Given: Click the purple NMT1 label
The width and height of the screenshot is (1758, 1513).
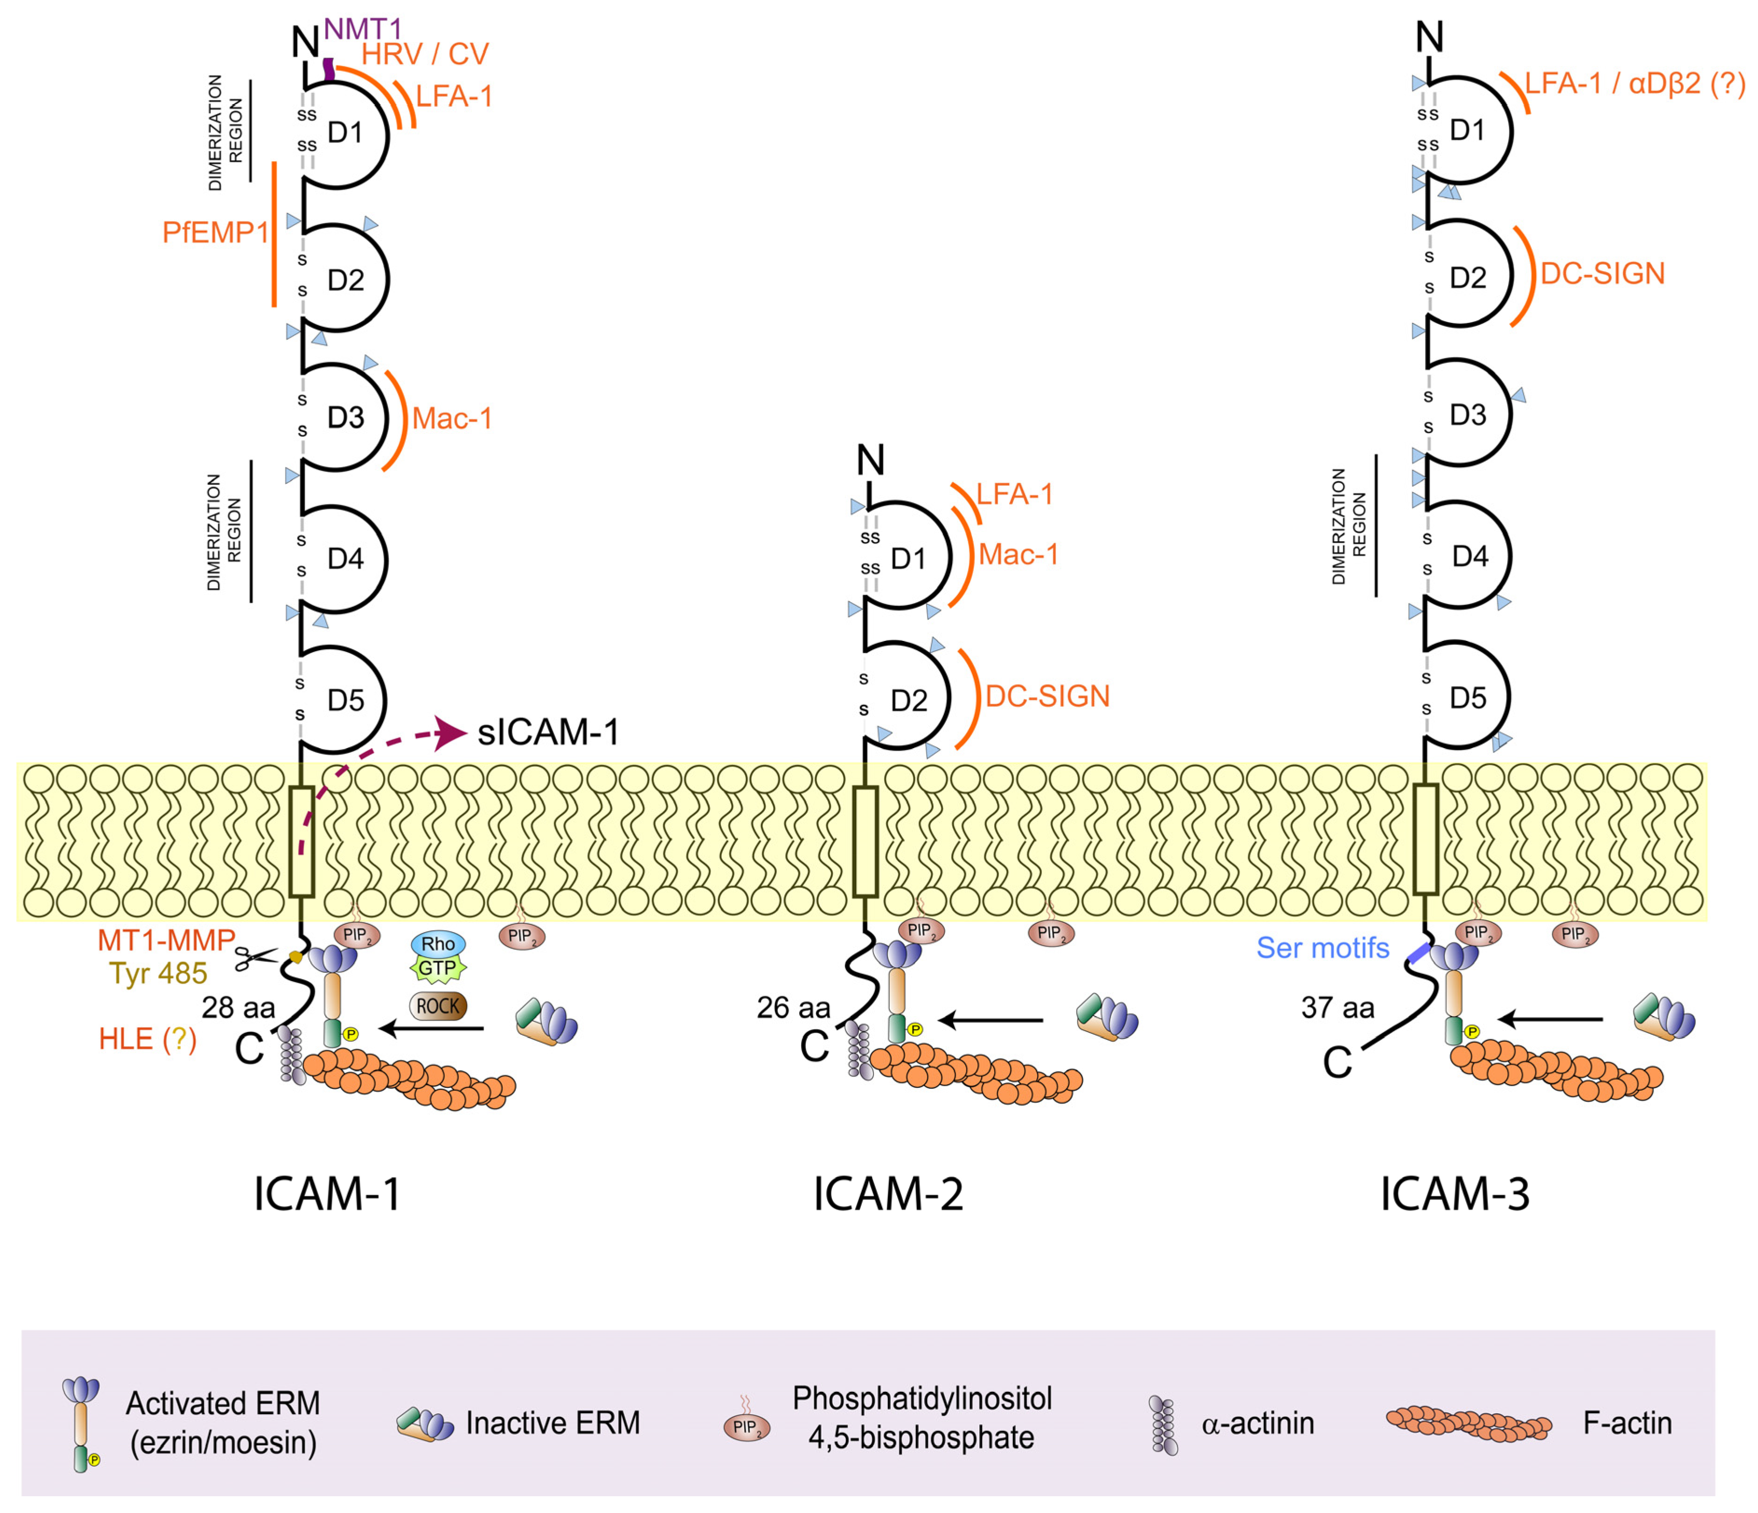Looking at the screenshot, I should coord(362,29).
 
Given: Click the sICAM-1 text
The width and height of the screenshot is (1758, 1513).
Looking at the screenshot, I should coord(548,732).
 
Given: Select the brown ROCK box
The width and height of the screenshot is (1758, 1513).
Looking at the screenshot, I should coord(438,1006).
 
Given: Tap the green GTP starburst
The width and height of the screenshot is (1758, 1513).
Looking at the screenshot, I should coord(438,968).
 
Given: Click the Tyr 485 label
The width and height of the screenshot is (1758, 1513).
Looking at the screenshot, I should coord(158,974).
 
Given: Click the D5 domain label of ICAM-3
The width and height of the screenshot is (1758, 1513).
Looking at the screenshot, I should coord(1468,698).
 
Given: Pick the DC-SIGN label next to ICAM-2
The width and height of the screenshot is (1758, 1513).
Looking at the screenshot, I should coord(1047,696).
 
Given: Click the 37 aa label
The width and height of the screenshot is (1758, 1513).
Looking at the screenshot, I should coord(1337,1008).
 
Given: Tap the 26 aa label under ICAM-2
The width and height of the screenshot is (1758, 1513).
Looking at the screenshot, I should coord(793,1008).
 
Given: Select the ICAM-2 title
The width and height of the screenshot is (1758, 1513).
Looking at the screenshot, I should coord(888,1194).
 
